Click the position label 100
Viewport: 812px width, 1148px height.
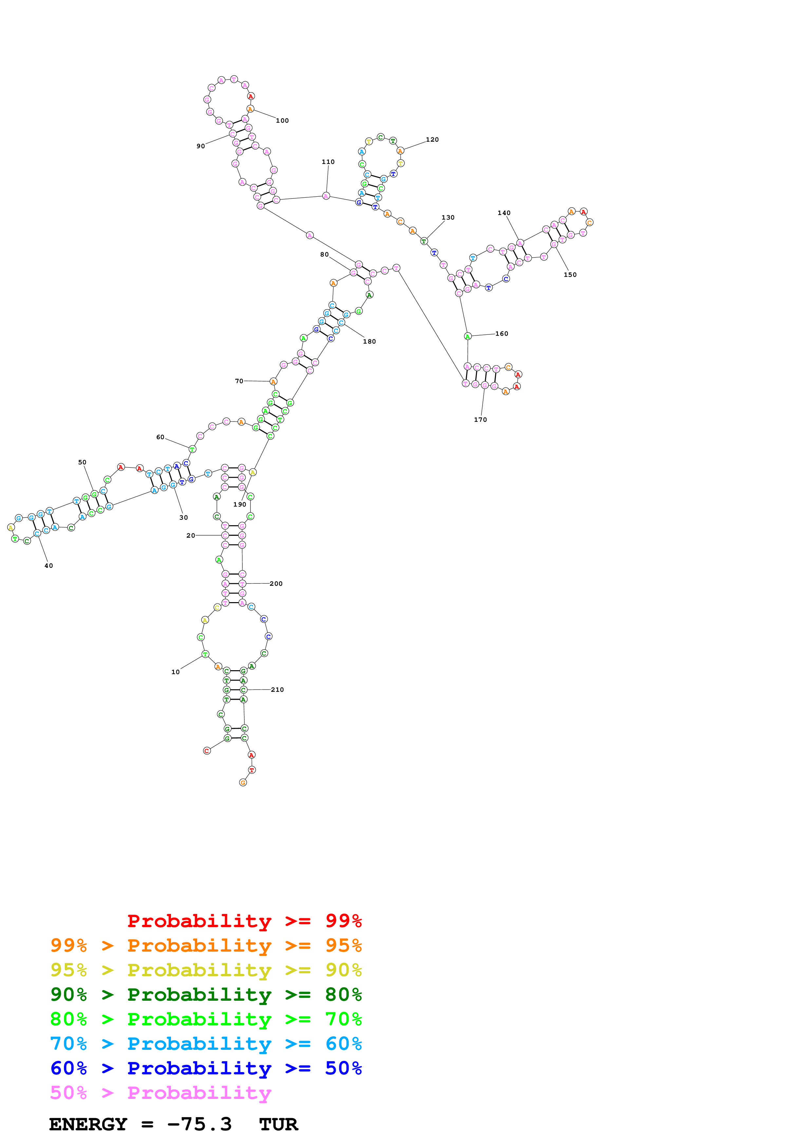tap(282, 120)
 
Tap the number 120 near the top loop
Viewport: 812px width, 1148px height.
tap(432, 139)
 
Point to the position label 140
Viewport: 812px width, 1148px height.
tap(504, 213)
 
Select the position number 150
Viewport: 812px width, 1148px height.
tap(570, 275)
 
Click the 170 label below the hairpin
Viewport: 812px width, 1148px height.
tap(480, 420)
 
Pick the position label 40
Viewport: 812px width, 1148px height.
tap(48, 565)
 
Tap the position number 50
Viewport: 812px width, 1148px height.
tap(82, 462)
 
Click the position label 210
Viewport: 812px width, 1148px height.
tap(277, 690)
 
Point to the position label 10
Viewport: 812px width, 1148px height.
tap(175, 672)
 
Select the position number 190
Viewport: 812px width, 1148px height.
tap(240, 505)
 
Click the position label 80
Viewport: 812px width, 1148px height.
tap(324, 255)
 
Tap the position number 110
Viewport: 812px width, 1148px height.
tap(328, 162)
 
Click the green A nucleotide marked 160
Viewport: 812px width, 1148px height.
tap(467, 336)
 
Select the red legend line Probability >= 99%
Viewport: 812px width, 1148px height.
tap(244, 921)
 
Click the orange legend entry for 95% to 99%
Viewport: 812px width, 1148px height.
tap(206, 945)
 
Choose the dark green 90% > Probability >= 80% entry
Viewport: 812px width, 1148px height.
tap(206, 995)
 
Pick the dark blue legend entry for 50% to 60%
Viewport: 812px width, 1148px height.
tap(206, 1068)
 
